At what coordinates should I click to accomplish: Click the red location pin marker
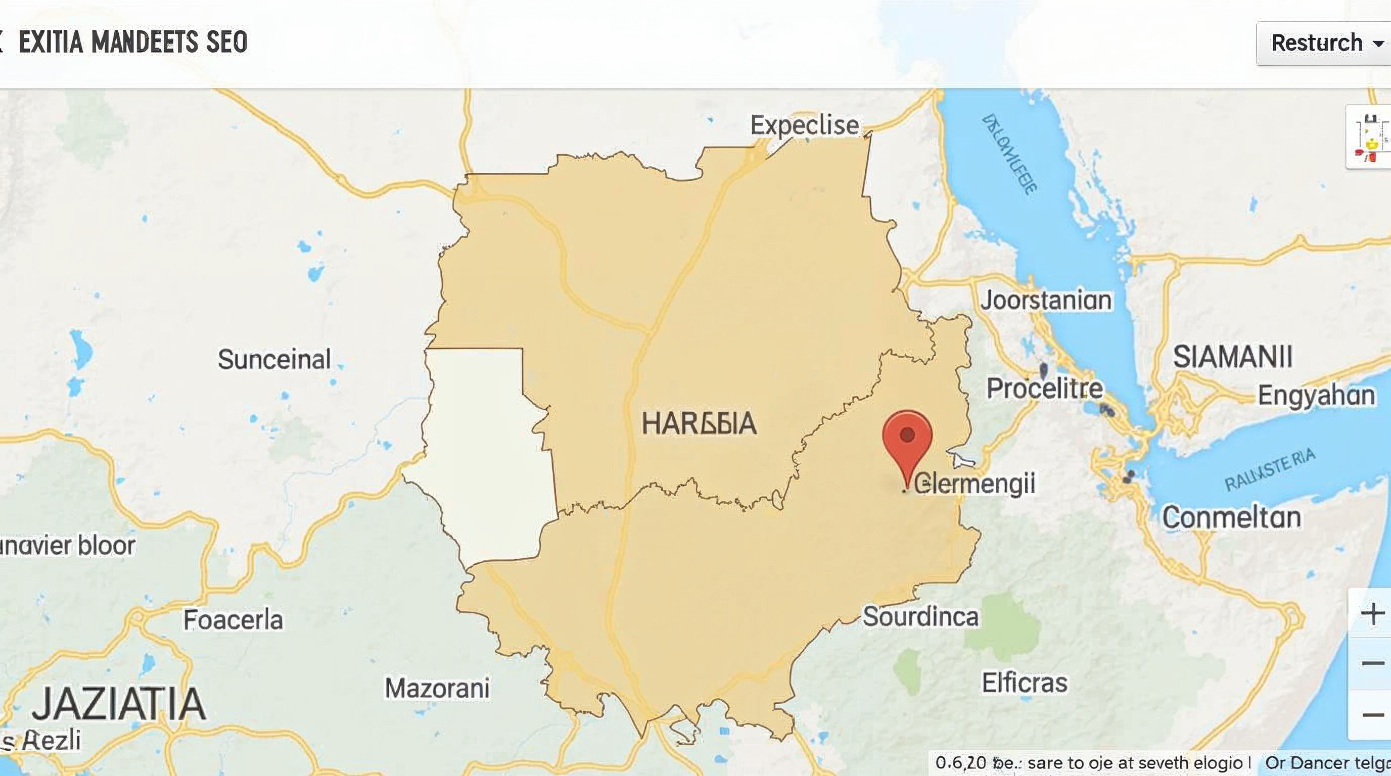(907, 437)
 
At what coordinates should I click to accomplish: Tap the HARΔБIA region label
(699, 423)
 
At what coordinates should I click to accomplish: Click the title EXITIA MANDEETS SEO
(133, 42)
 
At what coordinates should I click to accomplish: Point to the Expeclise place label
(804, 125)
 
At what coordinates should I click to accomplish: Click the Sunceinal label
(274, 359)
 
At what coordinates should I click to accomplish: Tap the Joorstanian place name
(1046, 300)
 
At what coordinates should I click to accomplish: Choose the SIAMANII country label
(1233, 357)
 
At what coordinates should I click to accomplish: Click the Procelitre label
(1044, 388)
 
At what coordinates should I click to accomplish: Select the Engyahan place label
(1316, 395)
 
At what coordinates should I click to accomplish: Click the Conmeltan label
(1231, 517)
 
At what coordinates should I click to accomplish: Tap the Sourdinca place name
(920, 616)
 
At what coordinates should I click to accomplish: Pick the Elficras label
(1025, 683)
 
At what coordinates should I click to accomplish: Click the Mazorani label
(437, 688)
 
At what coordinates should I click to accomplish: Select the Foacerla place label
(233, 619)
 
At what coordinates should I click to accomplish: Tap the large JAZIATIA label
(119, 704)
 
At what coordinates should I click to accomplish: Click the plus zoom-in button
(1372, 613)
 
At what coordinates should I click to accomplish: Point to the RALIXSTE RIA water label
(1269, 469)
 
